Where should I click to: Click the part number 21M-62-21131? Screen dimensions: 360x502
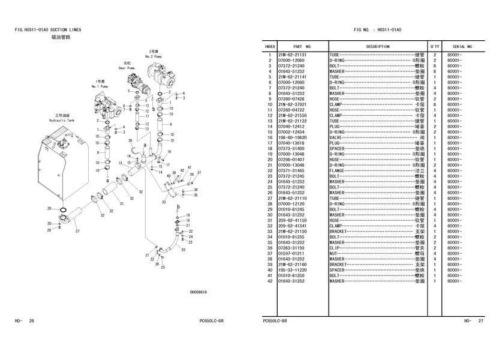(292, 55)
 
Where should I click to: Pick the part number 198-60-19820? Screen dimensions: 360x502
(292, 137)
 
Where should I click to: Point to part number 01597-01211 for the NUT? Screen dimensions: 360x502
(292, 253)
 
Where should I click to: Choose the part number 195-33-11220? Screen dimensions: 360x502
(292, 270)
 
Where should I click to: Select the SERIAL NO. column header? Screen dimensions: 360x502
(462, 46)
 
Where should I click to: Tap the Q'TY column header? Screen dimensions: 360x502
(434, 46)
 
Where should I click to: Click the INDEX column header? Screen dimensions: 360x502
(270, 46)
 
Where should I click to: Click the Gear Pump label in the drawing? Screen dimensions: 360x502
(127, 68)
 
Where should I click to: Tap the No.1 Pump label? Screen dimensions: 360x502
(98, 86)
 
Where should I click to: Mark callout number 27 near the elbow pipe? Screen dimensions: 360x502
(77, 230)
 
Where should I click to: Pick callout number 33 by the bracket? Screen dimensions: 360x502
(164, 203)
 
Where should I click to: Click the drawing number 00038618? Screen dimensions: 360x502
(198, 292)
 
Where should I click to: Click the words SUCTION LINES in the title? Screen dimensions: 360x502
(67, 29)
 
